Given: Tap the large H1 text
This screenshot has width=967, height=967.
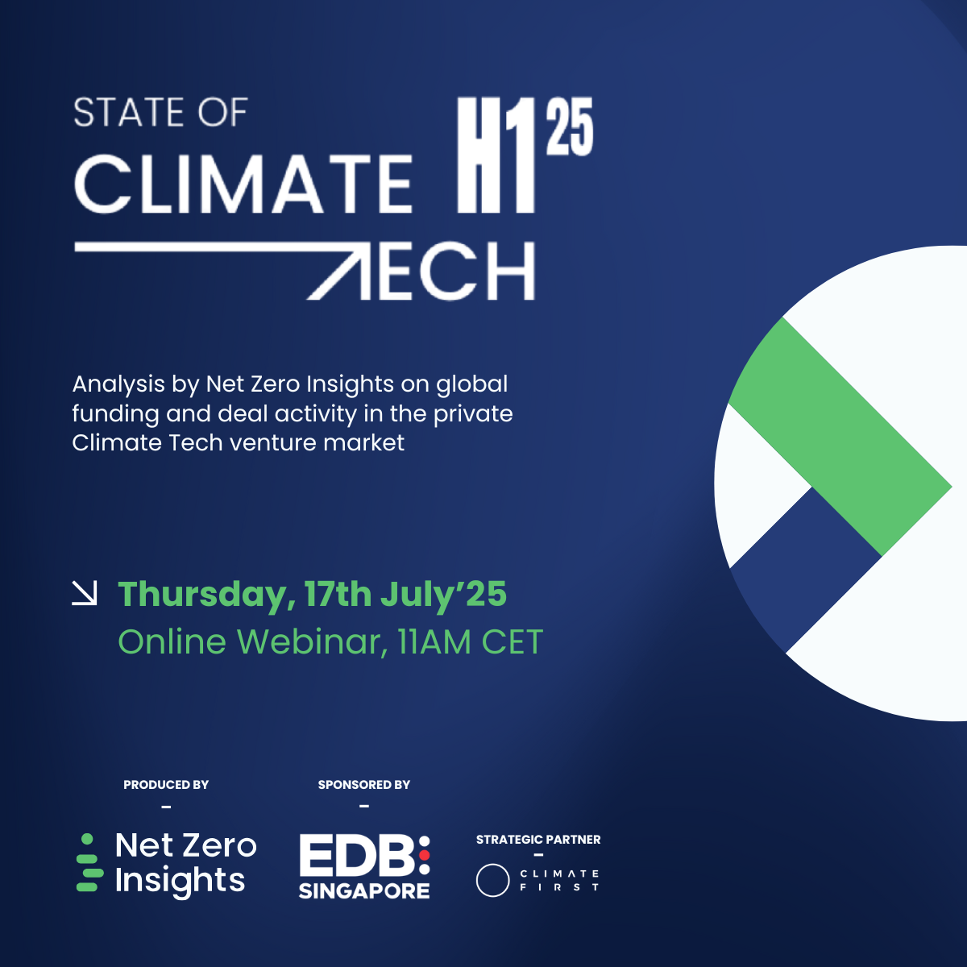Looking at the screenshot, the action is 496,155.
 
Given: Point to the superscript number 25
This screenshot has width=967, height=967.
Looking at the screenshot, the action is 570,126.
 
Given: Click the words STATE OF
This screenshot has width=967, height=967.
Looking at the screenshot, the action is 160,112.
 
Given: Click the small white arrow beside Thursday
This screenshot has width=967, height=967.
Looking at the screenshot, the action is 85,593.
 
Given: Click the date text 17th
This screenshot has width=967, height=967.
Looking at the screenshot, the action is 337,594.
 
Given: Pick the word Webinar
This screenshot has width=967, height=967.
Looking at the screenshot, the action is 312,641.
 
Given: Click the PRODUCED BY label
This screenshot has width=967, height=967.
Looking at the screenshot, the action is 166,785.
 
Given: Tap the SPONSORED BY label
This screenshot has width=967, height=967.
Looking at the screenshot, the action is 363,785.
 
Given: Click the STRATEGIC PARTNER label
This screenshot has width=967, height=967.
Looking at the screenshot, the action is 538,840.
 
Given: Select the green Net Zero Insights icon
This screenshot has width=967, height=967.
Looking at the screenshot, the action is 89,862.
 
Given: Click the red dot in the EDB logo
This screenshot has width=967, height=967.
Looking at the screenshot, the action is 425,855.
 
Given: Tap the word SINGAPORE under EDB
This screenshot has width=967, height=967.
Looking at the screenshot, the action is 364,890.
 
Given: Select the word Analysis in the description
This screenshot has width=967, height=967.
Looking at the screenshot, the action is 118,385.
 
